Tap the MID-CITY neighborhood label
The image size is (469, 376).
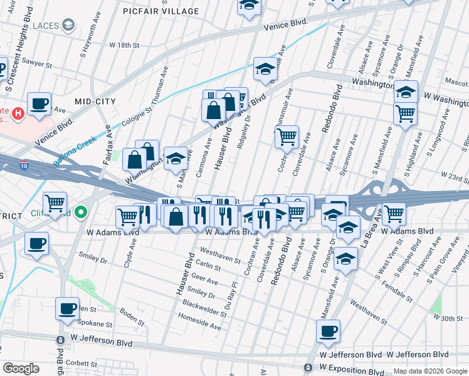point(96,100)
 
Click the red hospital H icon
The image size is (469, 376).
point(19,113)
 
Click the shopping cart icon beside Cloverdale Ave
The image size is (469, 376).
point(287,136)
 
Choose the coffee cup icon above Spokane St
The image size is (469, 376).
point(67,308)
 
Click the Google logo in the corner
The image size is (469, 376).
point(21,368)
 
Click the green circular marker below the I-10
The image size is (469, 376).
point(80,213)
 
